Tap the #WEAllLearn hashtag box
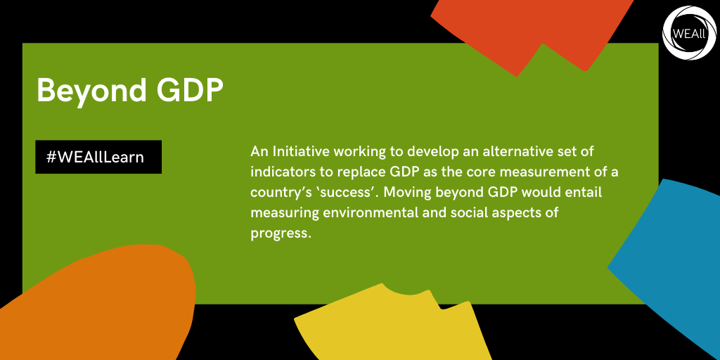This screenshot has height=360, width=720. pos(98,157)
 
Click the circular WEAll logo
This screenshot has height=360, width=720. pos(690,33)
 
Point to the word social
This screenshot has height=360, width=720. pos(444,213)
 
